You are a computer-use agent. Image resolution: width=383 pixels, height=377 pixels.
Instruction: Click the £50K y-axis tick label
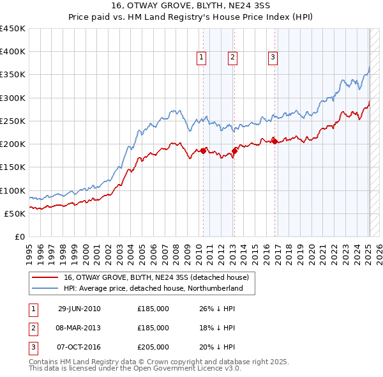click(x=15, y=213)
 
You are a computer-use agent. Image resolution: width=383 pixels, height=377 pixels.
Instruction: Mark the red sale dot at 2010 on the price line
click(x=204, y=151)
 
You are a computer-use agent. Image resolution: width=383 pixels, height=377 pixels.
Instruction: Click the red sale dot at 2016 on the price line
click(x=274, y=142)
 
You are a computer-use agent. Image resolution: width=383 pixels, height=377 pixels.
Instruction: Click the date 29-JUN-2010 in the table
click(x=79, y=309)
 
